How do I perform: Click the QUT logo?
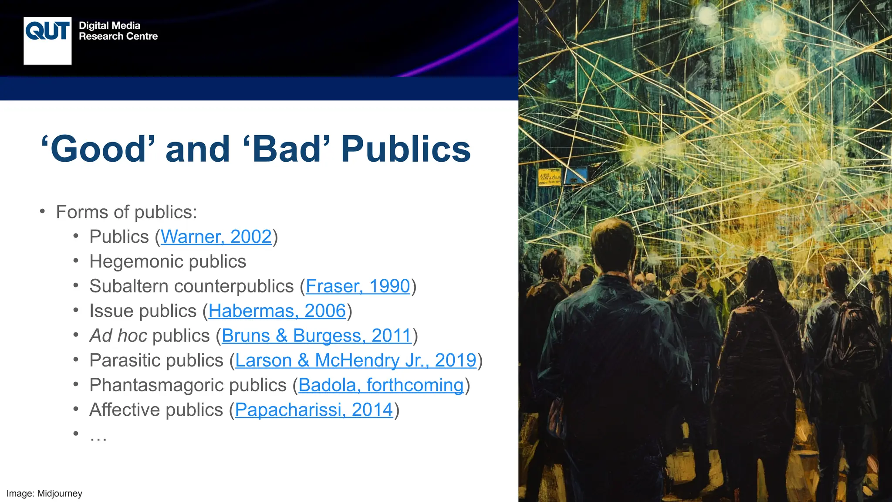click(47, 41)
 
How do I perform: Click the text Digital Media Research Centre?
click(118, 31)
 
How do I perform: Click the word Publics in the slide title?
click(405, 149)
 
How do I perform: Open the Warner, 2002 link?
click(216, 237)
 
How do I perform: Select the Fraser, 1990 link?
click(358, 286)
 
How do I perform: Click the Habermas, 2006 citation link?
click(277, 311)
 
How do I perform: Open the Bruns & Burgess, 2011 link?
click(317, 336)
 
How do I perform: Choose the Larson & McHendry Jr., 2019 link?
click(355, 360)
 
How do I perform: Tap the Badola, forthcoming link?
click(381, 385)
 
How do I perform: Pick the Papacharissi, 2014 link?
click(314, 410)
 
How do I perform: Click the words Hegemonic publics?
click(168, 261)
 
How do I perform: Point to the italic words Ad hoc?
click(117, 336)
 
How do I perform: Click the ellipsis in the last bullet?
click(98, 435)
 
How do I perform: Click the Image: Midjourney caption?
click(44, 493)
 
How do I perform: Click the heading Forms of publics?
click(126, 212)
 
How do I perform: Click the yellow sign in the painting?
click(549, 177)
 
